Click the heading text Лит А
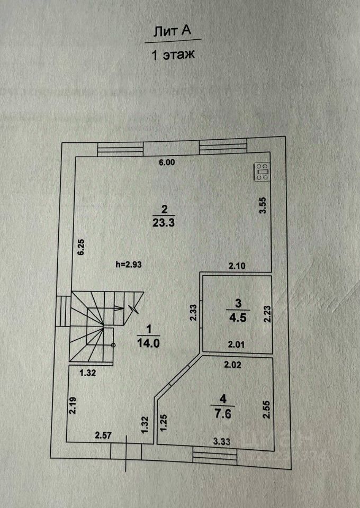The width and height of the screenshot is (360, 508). point(172,32)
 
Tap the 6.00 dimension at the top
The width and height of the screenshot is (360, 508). point(167,163)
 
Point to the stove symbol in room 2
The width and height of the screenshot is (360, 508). point(262,172)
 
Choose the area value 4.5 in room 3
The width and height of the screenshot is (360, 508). point(238,319)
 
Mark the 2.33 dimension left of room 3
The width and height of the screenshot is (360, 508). point(194,312)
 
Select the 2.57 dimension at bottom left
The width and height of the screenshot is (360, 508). point(104,436)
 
